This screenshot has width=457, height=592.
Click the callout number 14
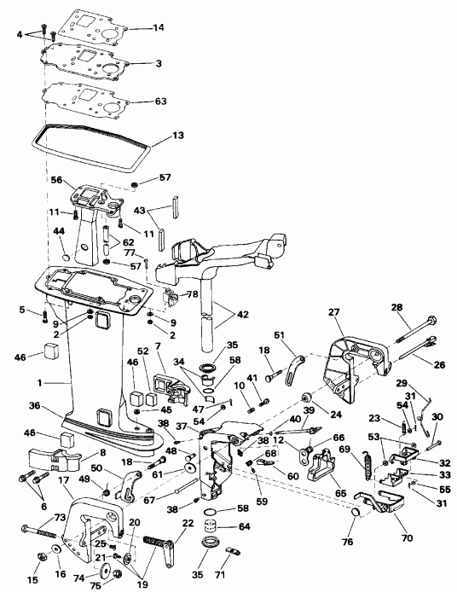coord(158,28)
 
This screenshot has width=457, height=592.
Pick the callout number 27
coord(333,312)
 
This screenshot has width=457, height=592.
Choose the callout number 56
coord(56,180)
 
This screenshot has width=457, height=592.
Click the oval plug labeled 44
coord(67,256)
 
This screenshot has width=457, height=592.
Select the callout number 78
coord(193,295)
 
